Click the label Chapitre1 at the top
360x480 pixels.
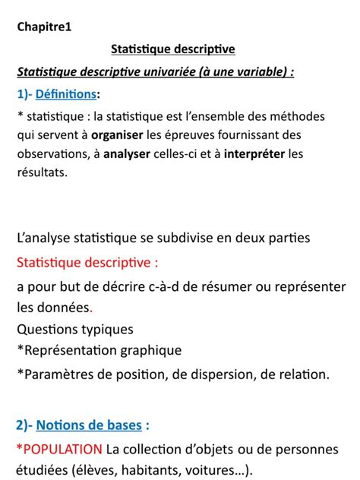(44, 27)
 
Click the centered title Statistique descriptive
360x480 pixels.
(173, 49)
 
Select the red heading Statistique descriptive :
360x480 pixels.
(88, 263)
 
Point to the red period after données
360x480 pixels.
(91, 309)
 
